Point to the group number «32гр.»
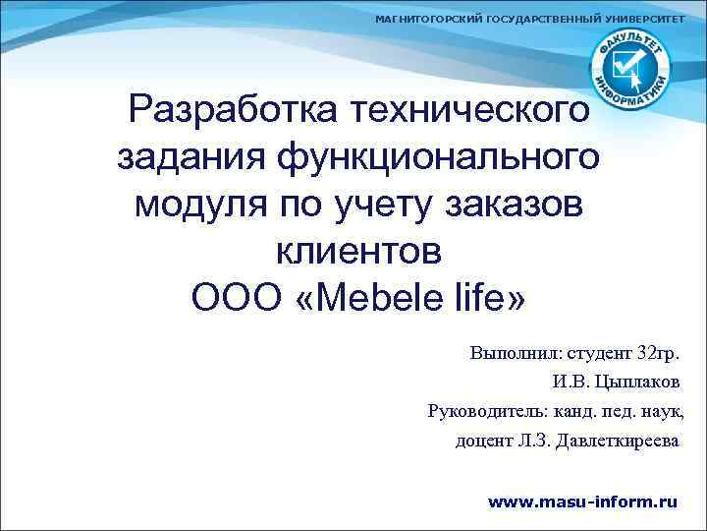658,353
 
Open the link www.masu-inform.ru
583,501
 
